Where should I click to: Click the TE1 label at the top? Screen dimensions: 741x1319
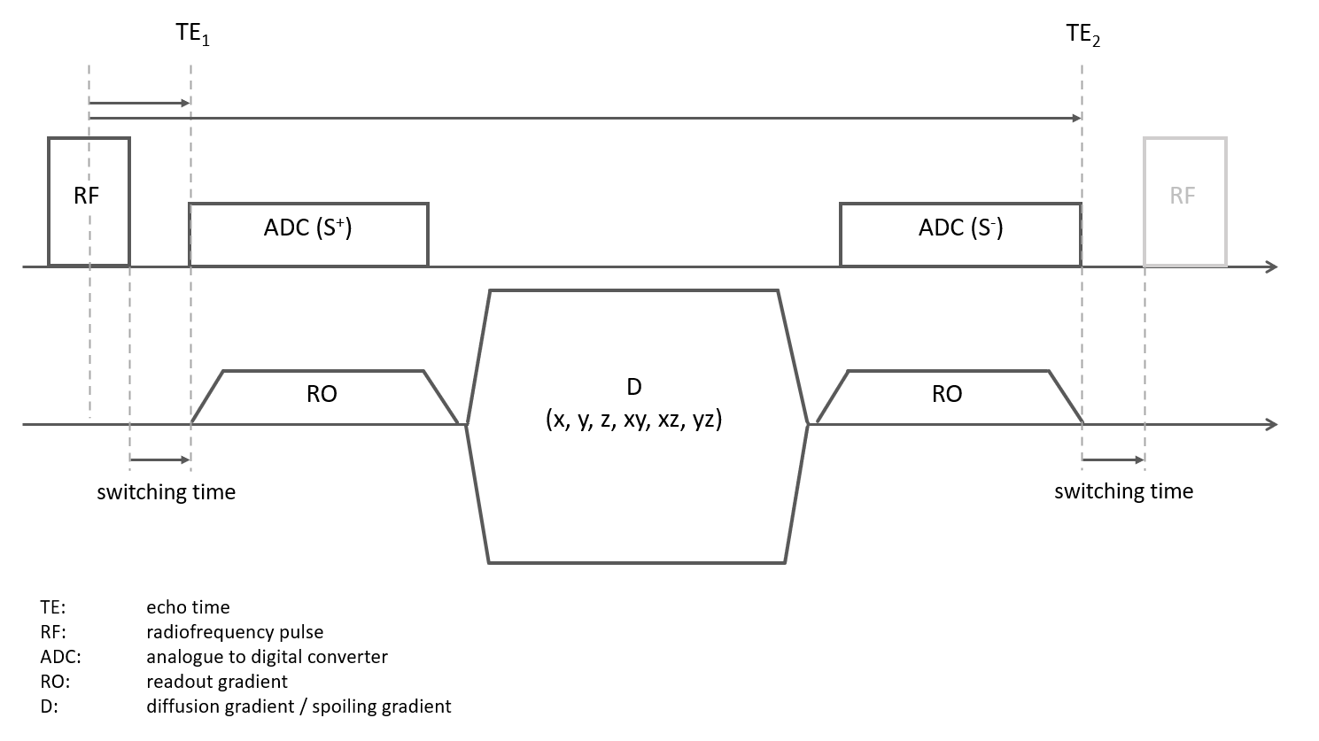pos(192,36)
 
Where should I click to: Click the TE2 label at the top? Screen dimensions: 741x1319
pos(1082,36)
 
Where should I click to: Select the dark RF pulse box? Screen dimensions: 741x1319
pos(88,201)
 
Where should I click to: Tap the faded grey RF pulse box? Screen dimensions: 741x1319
pos(1184,201)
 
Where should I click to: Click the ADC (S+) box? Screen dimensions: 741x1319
pos(308,234)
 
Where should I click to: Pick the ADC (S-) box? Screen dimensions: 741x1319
pos(960,234)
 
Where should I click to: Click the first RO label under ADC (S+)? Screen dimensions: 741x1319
pos(322,394)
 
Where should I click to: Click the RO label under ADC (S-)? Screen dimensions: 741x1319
pos(947,394)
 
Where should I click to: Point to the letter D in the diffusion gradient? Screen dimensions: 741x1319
pos(633,386)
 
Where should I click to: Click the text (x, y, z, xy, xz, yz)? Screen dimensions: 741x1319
pos(633,420)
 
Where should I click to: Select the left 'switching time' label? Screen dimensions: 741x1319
pos(167,492)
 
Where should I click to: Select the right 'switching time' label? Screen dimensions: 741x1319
pos(1123,491)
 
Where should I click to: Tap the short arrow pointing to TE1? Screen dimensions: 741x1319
pos(139,104)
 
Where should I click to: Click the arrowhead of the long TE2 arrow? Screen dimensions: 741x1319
pos(1075,118)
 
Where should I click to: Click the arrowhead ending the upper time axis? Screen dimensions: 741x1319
pos(1272,266)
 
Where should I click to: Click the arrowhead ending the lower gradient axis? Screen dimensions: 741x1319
pos(1272,425)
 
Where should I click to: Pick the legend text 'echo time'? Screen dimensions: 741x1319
pos(188,607)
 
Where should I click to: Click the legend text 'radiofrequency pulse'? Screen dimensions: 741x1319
pos(235,632)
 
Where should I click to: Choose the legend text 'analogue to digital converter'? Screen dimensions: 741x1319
pos(267,657)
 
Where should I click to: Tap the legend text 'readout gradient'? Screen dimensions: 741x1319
pos(217,682)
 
